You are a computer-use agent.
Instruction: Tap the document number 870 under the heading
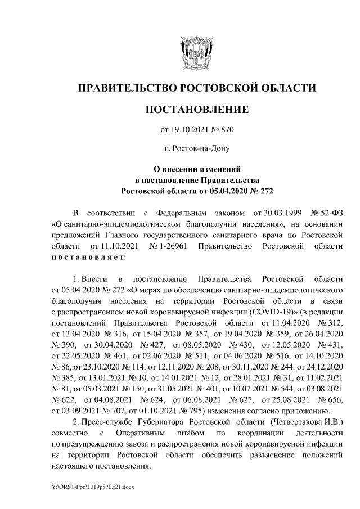click(x=226, y=130)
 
